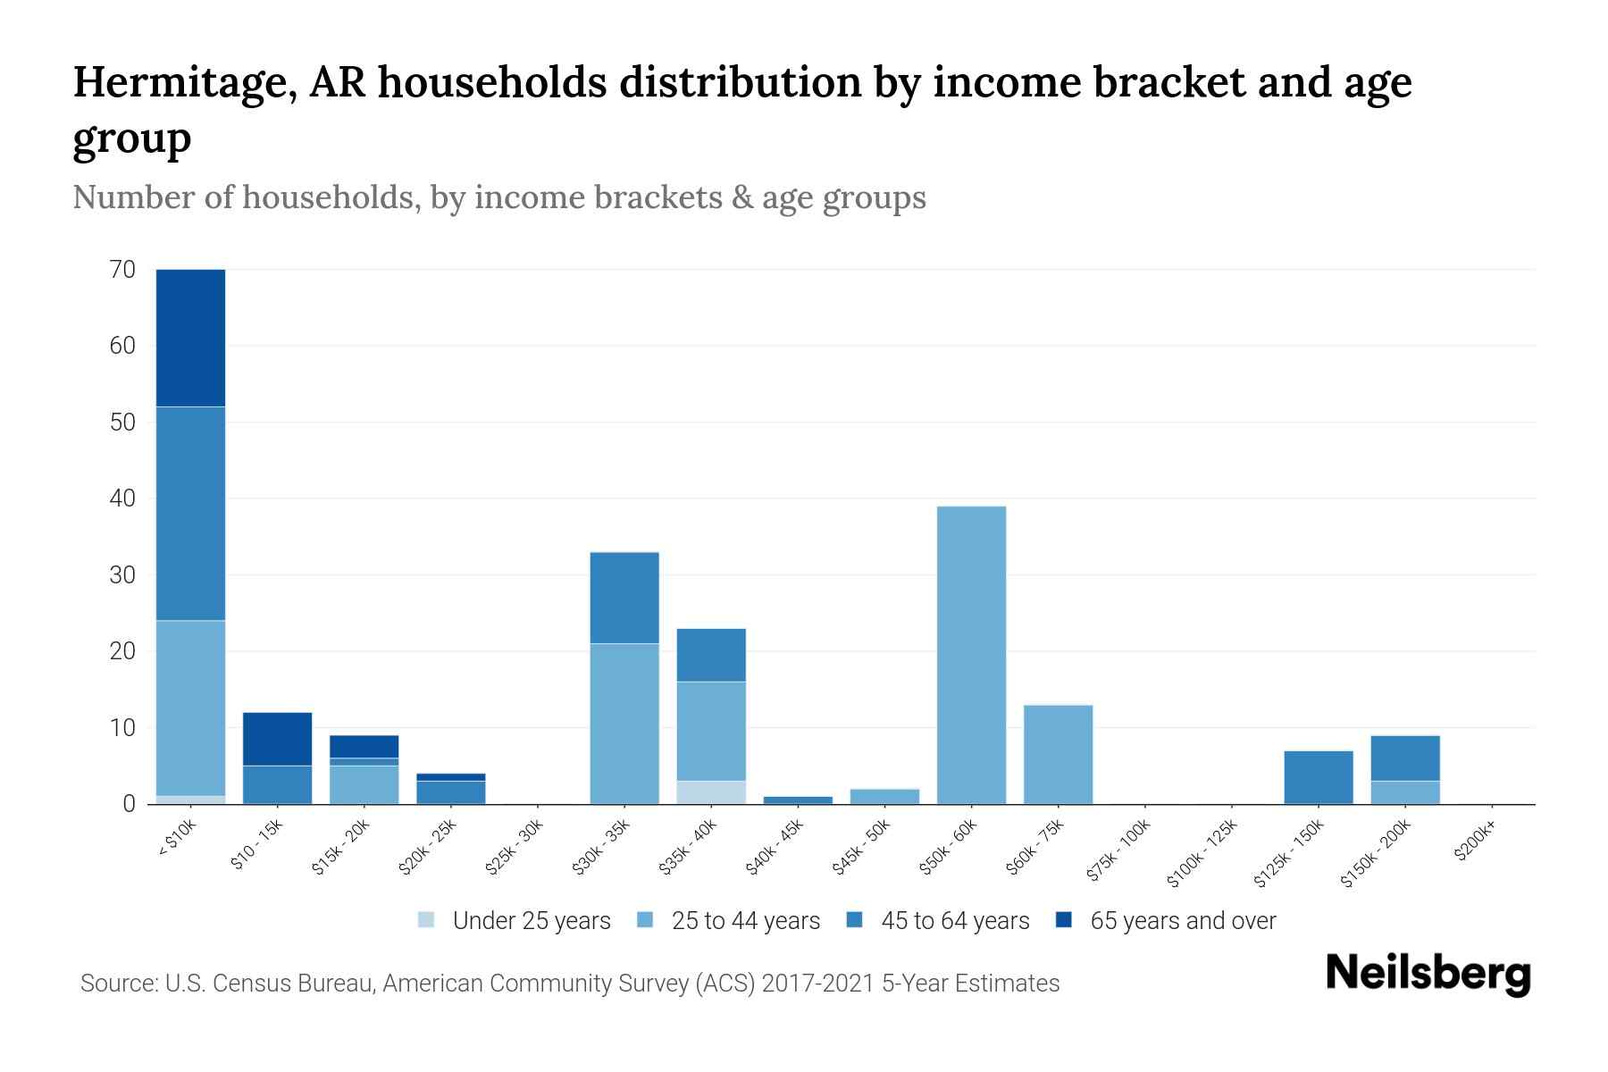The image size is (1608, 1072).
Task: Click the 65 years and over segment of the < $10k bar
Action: click(x=190, y=338)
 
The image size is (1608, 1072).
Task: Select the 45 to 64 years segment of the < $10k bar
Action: click(x=190, y=513)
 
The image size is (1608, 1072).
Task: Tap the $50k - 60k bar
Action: click(x=971, y=655)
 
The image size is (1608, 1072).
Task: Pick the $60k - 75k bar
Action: click(x=1058, y=754)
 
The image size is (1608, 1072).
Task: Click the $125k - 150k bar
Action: click(x=1318, y=777)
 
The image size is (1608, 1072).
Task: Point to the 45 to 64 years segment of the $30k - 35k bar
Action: click(x=624, y=598)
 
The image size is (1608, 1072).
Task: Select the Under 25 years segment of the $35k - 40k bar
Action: click(x=711, y=792)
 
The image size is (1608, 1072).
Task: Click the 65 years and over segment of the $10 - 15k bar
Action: click(x=277, y=739)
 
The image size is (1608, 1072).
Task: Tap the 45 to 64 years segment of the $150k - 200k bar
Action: click(x=1404, y=758)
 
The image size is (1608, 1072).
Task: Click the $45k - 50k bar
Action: click(x=884, y=796)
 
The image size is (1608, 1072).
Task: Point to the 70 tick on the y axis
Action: click(x=122, y=269)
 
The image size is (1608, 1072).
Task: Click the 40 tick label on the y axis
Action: click(x=122, y=498)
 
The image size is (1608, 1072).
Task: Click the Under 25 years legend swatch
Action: click(x=427, y=920)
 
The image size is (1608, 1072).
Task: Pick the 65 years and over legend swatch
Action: click(x=1064, y=920)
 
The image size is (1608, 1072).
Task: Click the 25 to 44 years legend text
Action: click(x=746, y=920)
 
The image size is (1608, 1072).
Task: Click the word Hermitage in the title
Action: click(x=184, y=82)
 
